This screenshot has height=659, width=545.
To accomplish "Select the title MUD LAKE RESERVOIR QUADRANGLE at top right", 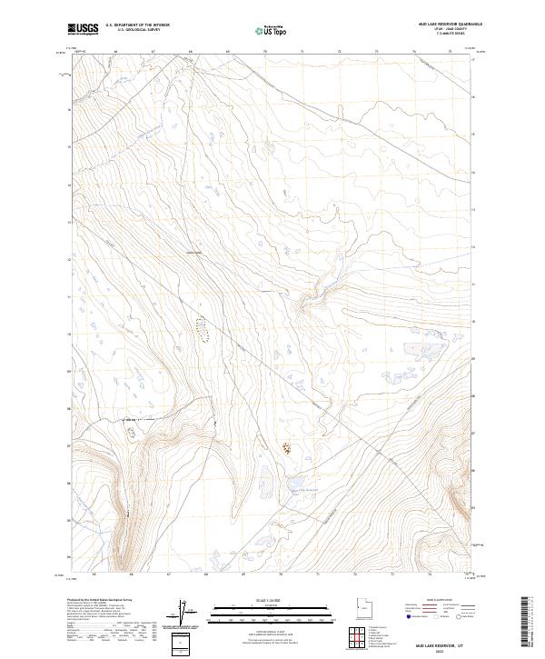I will click(449, 25).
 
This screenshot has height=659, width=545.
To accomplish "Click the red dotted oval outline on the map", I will click(202, 328).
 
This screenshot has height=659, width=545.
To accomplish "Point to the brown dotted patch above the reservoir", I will click(287, 448).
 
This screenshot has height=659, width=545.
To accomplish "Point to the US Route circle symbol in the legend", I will click(443, 617).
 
